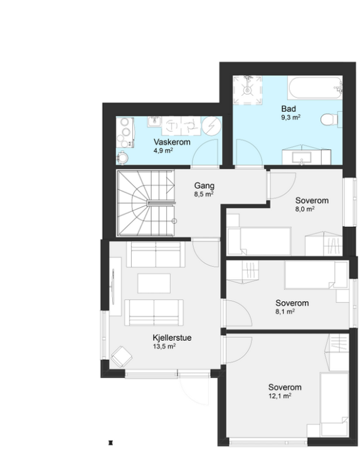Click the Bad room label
tap(289, 109)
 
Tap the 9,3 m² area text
tap(291, 117)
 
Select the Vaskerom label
tap(172, 142)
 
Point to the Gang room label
tap(204, 186)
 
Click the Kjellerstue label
tap(172, 338)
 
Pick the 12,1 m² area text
tap(280, 395)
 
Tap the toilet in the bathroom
tap(331, 119)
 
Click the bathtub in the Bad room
tap(315, 88)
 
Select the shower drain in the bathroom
tap(247, 90)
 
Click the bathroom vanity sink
tap(302, 158)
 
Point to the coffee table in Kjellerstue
tap(154, 283)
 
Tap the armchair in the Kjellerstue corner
tap(122, 357)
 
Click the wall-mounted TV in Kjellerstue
tap(113, 286)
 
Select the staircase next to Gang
tap(146, 203)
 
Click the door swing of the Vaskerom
tap(205, 152)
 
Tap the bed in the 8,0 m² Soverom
tap(259, 241)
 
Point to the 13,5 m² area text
tap(164, 346)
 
